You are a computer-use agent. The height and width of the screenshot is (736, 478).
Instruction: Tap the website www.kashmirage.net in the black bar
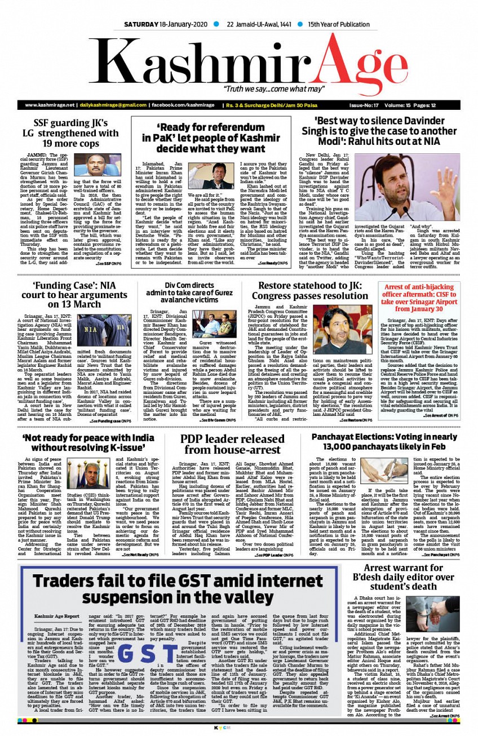(x=50, y=105)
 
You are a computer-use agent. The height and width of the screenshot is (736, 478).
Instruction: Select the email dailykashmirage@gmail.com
(x=112, y=105)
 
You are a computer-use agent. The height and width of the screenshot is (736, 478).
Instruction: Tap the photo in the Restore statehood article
(x=334, y=330)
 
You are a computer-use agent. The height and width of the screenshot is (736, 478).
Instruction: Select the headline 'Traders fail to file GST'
(x=180, y=591)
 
